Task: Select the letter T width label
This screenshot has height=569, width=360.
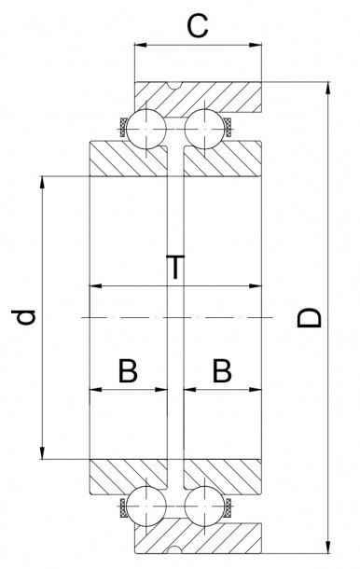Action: point(174,268)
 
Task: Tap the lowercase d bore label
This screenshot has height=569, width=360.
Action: point(27,318)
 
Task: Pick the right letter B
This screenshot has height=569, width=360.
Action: point(221,371)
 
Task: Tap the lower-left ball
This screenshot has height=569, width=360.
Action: point(148,508)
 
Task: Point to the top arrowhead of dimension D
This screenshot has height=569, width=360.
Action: point(328,89)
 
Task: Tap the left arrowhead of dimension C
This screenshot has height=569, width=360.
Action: point(139,44)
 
